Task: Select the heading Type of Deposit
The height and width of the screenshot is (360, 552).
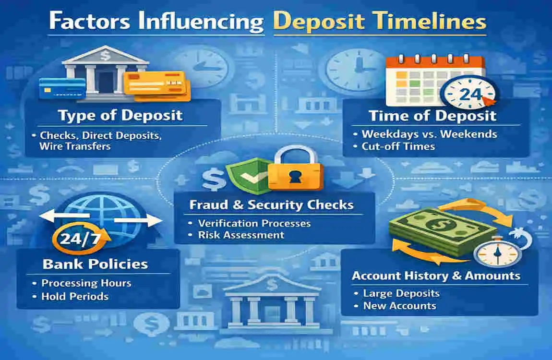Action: coord(120,115)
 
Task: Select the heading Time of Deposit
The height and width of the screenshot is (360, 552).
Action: coord(432,115)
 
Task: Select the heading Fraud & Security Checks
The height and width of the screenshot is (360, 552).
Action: coord(271,205)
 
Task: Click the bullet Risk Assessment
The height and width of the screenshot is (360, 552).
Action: coord(241,235)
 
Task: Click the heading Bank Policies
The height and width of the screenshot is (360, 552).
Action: coord(95,264)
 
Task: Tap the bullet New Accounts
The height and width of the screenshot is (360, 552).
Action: coord(400,305)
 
